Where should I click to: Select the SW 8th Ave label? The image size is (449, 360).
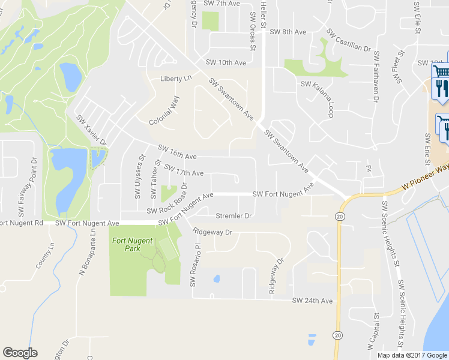(x=288, y=32)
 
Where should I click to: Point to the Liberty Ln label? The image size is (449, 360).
(x=176, y=79)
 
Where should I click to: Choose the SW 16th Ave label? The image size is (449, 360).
(x=177, y=152)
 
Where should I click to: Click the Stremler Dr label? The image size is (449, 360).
(x=233, y=215)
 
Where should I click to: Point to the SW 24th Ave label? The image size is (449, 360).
(x=312, y=300)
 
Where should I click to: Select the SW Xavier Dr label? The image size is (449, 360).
(x=91, y=130)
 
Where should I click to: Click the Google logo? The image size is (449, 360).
(x=20, y=353)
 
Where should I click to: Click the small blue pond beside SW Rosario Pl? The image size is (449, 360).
(x=216, y=278)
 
